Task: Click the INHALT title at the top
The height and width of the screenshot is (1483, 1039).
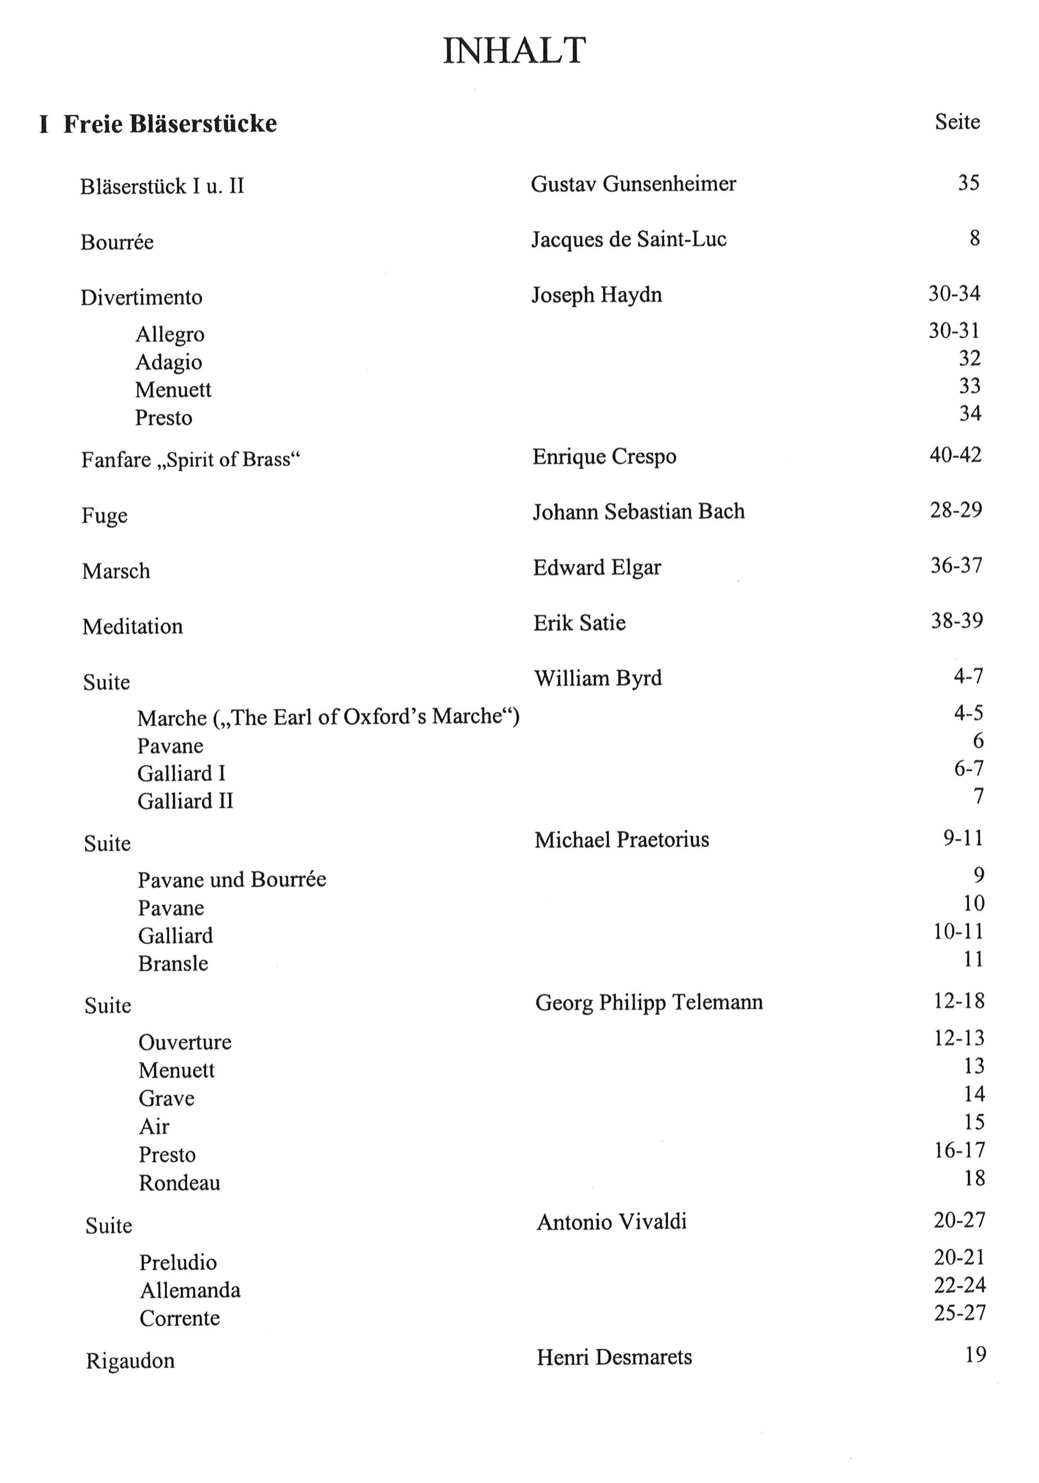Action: tap(514, 50)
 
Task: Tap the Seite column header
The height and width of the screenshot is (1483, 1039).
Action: tap(956, 121)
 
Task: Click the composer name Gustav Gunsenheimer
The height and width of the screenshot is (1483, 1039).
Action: tap(633, 184)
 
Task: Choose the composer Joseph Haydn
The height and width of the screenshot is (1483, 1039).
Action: tap(597, 295)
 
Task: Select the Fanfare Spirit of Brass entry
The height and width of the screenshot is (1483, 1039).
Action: tap(191, 460)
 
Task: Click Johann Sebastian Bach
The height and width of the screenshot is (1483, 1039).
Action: tap(638, 512)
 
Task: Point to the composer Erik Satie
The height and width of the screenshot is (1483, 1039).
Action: tap(579, 623)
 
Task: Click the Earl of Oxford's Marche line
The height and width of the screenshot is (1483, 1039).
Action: tap(328, 717)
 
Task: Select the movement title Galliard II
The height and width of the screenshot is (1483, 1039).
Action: tap(185, 801)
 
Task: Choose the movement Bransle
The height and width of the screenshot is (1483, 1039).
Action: tap(173, 964)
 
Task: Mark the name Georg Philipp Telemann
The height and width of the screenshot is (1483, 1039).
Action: tap(648, 1002)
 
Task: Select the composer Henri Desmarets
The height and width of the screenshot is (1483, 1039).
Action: tap(614, 1357)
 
